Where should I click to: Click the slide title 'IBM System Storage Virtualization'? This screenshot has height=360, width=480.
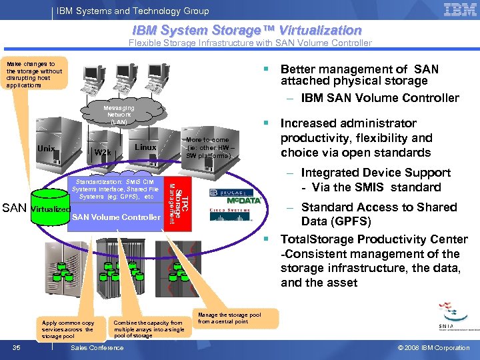(247, 30)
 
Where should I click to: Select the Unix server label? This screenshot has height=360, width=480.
(46, 149)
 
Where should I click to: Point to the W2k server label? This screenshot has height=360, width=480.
(103, 153)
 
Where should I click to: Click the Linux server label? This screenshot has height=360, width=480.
(145, 147)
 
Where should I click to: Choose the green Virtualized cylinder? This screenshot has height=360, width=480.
(51, 209)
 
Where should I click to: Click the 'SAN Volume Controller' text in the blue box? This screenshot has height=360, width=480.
(116, 217)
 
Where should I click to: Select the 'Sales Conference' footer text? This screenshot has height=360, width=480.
(97, 348)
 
